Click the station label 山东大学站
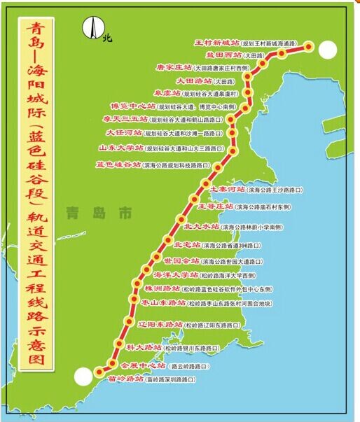(x=121, y=148)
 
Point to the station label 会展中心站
(x=143, y=365)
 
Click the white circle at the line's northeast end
(x=326, y=49)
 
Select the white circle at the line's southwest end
(x=83, y=377)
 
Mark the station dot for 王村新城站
(x=309, y=47)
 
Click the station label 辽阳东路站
(x=160, y=324)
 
